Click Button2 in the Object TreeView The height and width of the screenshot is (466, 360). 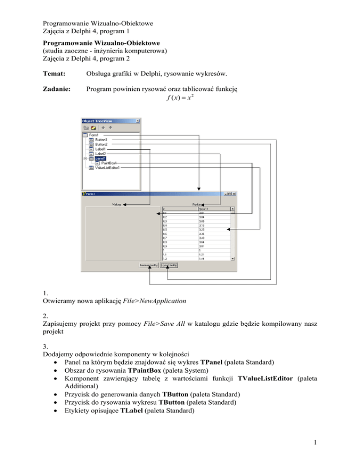[x=101, y=144]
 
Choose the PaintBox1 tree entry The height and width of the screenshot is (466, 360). [x=109, y=163]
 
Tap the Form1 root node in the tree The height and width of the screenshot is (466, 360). [x=95, y=135]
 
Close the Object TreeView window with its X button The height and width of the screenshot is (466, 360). [x=138, y=120]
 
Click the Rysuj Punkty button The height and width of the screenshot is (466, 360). [x=169, y=265]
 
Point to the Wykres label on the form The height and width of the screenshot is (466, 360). [x=116, y=204]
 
